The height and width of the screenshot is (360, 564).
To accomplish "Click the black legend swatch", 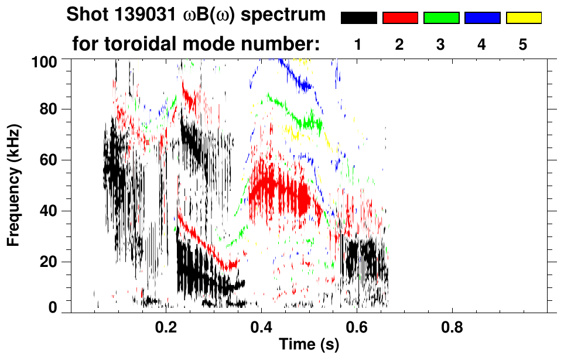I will (x=359, y=18).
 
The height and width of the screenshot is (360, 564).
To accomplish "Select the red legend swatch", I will (x=400, y=18).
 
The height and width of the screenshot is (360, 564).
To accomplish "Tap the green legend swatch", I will (x=441, y=18).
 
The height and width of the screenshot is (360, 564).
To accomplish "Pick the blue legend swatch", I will (x=482, y=18).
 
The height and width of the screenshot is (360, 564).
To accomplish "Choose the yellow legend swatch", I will (x=523, y=18).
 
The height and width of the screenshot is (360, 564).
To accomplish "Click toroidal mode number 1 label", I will (x=358, y=45).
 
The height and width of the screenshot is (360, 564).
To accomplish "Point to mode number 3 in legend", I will (x=440, y=45).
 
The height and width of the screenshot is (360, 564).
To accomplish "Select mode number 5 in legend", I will (x=523, y=45).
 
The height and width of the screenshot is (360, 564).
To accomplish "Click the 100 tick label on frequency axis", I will (x=47, y=60).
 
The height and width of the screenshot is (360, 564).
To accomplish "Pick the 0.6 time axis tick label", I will (x=357, y=327).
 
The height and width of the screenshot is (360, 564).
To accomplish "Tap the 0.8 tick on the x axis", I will (x=452, y=327).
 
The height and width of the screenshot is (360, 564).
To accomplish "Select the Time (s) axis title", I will (x=309, y=345).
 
